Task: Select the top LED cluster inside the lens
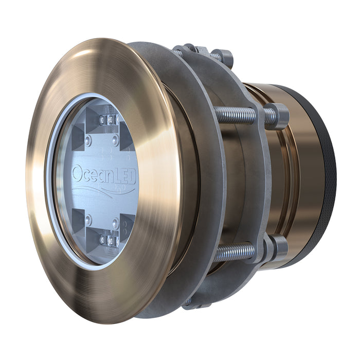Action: (109, 120)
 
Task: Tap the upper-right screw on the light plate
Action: (115, 140)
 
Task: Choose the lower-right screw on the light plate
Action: (115, 223)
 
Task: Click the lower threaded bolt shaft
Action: (234, 252)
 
